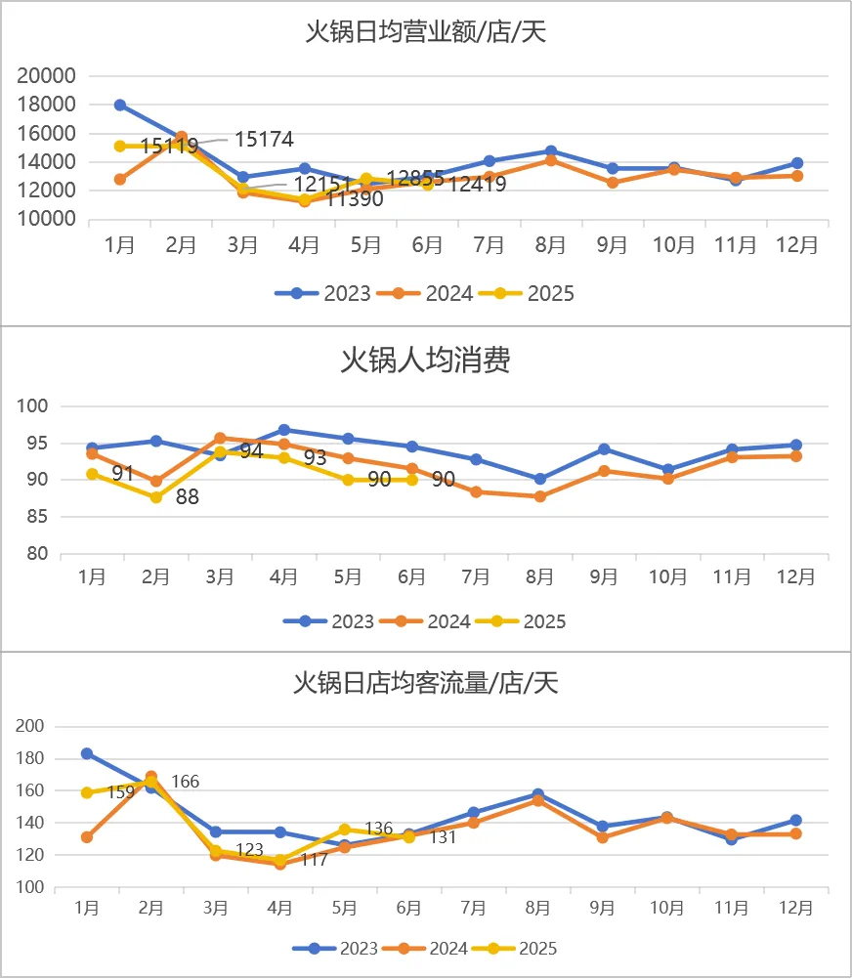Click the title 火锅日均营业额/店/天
click(426, 31)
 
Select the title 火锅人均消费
click(425, 361)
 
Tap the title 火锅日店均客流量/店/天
click(426, 682)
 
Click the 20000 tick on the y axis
click(47, 76)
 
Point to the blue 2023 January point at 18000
click(119, 105)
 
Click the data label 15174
click(264, 140)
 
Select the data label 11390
click(354, 199)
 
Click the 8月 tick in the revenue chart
click(550, 245)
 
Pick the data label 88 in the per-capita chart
click(187, 496)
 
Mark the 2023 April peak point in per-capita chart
click(283, 430)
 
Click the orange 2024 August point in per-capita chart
click(539, 496)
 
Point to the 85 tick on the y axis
click(37, 517)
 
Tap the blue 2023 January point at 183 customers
click(87, 753)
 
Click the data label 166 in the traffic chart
click(186, 782)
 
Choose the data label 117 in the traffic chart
click(314, 861)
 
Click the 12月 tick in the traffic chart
click(795, 908)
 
